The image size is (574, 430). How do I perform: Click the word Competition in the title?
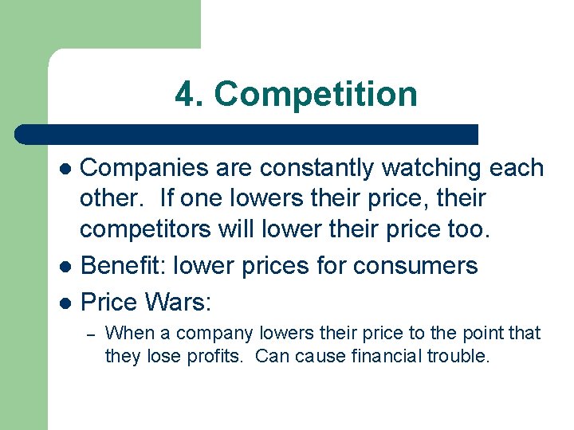[316, 95]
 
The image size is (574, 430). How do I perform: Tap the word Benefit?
[120, 265]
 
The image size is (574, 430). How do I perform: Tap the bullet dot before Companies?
[66, 170]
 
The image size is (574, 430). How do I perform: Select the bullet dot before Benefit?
[66, 266]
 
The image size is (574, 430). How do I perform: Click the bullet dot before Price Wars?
[66, 303]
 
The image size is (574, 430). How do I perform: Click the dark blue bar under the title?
[247, 134]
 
